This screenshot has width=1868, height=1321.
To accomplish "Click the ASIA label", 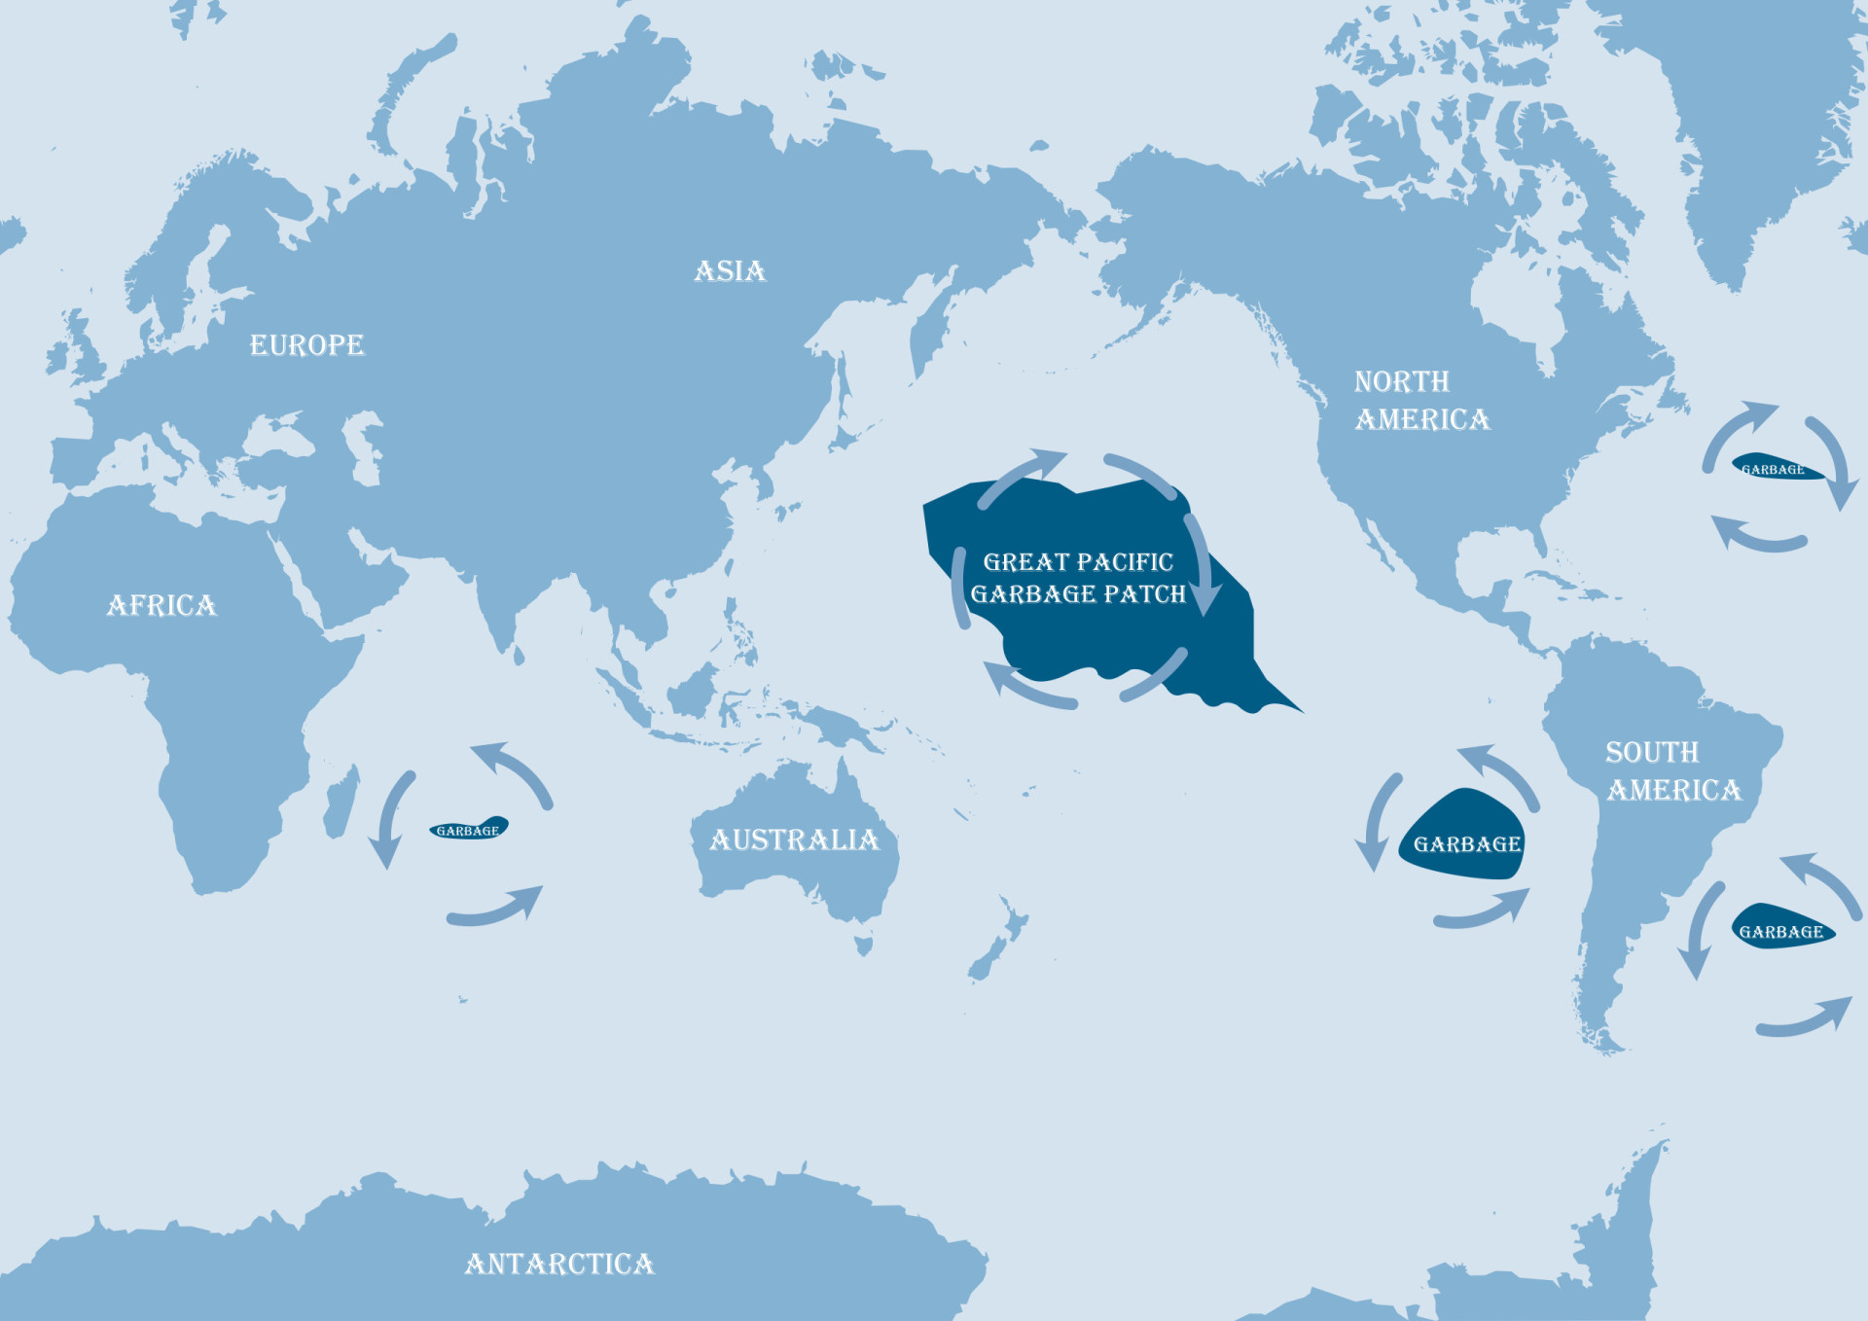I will coord(730,271).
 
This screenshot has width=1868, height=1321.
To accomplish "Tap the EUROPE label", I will coord(306,345).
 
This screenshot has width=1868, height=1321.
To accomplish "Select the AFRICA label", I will coord(162,606).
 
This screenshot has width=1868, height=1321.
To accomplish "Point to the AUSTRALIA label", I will coord(794,840).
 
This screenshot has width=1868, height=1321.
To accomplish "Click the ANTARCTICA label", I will coord(559,1264).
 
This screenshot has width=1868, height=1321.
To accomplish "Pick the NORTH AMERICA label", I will coord(1420,401).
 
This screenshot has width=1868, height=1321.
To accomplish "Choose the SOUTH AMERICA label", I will coord(1672,771).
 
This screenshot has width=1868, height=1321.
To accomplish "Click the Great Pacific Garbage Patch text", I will coord(1078,578).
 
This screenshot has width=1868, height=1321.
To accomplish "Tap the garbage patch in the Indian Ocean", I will coord(469,830).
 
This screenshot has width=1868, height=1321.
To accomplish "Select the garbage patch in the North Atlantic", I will coord(1773,468).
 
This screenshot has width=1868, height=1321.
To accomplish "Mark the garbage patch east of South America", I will coord(1780,929).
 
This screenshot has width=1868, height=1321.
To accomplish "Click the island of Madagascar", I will coord(341,803).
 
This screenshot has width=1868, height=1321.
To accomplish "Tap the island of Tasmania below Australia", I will coord(863,943).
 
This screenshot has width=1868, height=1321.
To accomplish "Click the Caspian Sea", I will coord(365,447).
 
